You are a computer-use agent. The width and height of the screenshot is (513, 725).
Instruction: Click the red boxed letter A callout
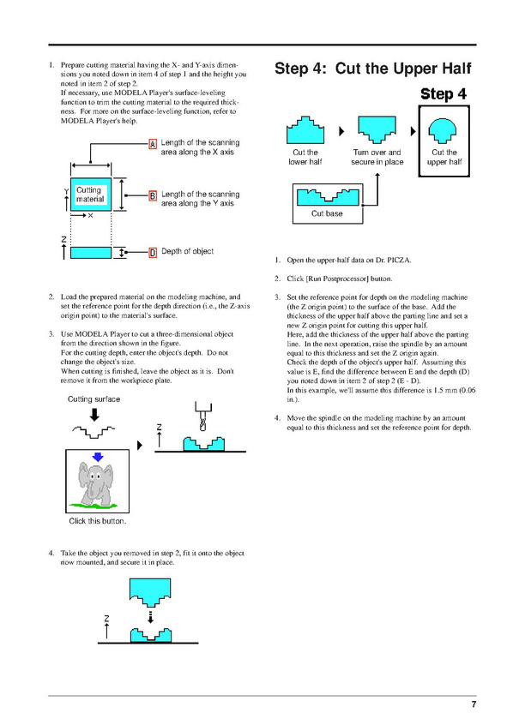(153, 144)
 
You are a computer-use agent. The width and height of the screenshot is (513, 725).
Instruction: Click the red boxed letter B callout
(153, 195)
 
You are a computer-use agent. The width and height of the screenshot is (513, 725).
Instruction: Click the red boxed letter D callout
(153, 253)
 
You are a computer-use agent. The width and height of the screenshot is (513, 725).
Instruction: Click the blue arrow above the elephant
(98, 458)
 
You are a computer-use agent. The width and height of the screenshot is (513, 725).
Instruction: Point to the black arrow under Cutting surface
(94, 414)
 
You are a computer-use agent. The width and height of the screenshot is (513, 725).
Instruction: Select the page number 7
(474, 704)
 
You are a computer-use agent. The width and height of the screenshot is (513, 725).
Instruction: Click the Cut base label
(327, 213)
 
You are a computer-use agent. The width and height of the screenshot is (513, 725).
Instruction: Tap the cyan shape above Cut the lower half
(305, 130)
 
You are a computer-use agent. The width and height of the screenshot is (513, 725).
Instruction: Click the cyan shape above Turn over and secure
(377, 129)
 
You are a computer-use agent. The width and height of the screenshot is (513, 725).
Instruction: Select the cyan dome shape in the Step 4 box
(442, 129)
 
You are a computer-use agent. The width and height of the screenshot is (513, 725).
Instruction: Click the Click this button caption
(97, 521)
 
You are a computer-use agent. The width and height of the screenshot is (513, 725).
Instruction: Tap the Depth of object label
(188, 251)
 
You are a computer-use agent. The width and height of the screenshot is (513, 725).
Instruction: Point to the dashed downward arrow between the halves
(150, 617)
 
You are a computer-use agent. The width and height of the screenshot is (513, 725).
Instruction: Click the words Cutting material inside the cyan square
(90, 195)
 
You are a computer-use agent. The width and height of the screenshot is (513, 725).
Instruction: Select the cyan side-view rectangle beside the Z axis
(91, 253)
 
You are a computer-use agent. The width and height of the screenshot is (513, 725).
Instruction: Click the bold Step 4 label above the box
(444, 94)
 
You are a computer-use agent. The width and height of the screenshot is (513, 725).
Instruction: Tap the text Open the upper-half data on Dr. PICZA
(348, 260)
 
